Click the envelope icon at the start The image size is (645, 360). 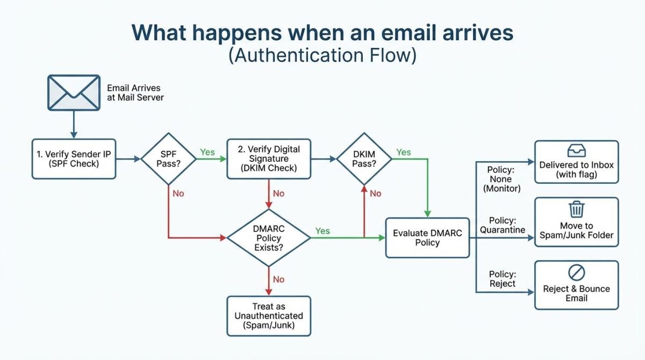(x=74, y=92)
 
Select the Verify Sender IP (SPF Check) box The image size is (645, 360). (x=74, y=159)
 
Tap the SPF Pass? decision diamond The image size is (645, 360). (x=168, y=159)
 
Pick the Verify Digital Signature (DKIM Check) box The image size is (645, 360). (x=268, y=159)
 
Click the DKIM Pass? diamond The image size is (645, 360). (x=364, y=159)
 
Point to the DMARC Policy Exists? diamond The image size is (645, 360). (x=268, y=237)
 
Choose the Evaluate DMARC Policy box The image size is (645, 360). (x=427, y=237)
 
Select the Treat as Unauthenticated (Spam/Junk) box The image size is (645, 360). (x=268, y=316)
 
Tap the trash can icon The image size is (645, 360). (x=576, y=209)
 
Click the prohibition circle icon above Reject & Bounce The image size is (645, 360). (x=576, y=272)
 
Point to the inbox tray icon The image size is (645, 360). (x=576, y=150)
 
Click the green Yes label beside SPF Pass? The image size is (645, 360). (x=207, y=152)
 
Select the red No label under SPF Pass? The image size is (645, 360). (x=178, y=193)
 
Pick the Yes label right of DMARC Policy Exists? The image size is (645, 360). (x=322, y=231)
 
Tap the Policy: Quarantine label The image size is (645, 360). (x=503, y=225)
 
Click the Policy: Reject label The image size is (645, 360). (x=502, y=278)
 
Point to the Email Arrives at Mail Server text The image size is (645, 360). (x=134, y=92)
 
